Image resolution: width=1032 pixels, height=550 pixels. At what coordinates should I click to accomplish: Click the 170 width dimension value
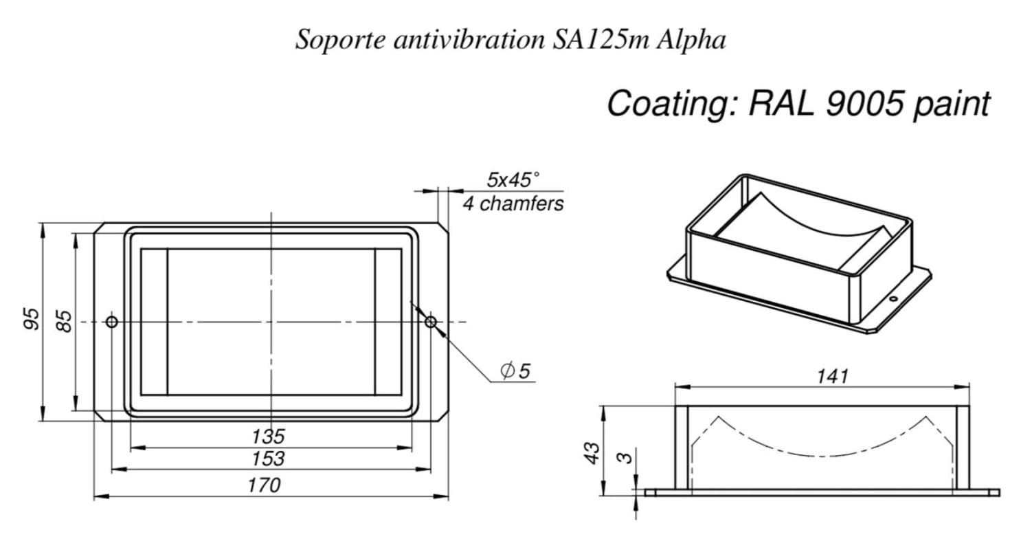[x=264, y=485]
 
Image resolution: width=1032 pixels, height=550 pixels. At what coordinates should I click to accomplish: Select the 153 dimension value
[x=268, y=459]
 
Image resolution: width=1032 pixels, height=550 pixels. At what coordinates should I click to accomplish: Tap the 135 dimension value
[x=268, y=436]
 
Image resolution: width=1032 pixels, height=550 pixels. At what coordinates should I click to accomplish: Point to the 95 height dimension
[x=32, y=318]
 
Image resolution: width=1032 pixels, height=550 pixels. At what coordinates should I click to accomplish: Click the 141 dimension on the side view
[x=833, y=377]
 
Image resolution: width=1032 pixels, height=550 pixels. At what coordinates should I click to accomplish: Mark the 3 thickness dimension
[x=625, y=458]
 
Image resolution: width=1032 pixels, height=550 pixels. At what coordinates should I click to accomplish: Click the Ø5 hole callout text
[x=515, y=371]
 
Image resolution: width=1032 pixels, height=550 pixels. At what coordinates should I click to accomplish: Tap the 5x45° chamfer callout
[x=513, y=180]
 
